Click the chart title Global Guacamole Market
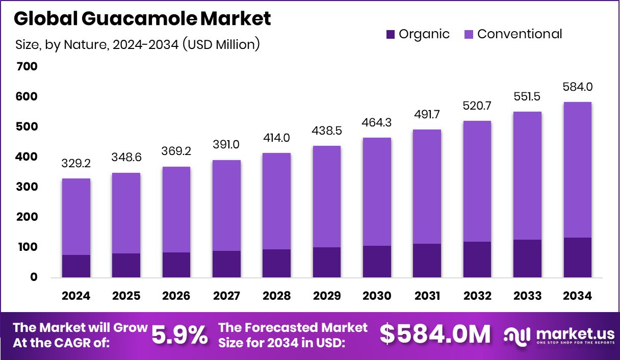pos(142,19)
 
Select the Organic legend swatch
pos(391,35)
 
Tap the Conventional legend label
pos(520,34)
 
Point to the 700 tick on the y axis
pos(27,67)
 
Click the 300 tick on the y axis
pos(27,187)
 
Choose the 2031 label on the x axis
pos(427,296)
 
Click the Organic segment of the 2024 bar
pos(76,266)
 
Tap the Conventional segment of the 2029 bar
pos(326,197)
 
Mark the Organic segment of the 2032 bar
pos(477,260)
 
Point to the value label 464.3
pos(377,123)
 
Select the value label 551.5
pos(527,97)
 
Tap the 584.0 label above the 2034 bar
pos(578,87)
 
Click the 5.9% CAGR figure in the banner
pos(180,335)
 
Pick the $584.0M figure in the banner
pos(435,335)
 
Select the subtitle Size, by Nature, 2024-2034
pos(138,45)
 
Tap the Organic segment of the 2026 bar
pos(176,265)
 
